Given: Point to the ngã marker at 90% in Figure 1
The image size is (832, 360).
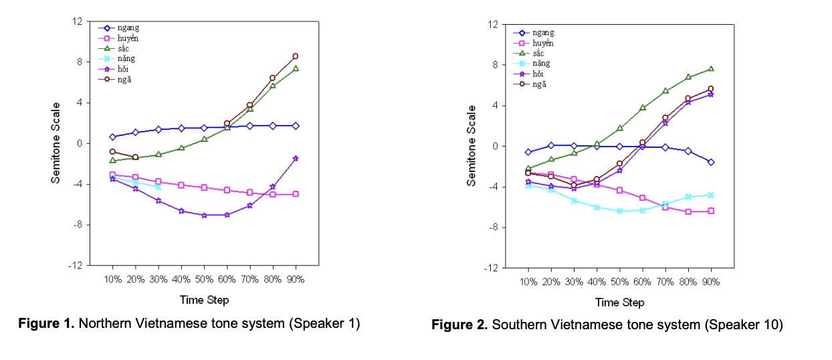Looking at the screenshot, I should coord(295,56).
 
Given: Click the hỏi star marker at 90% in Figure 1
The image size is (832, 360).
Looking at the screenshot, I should coord(295,159).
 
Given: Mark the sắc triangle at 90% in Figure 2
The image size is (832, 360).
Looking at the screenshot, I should coord(710,69).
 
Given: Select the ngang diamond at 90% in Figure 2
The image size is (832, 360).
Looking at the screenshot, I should coord(710,162).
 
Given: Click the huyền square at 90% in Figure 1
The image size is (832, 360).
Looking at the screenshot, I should coord(295,194).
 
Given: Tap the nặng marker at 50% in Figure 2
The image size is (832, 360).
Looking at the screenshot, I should coord(619,211).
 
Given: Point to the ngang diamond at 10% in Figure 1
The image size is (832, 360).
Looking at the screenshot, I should coord(112,137).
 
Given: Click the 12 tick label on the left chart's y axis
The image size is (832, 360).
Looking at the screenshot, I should coord(78,21).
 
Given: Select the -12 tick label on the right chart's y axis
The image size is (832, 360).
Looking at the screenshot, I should coord(492,268).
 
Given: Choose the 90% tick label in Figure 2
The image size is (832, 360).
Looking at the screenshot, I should coord(710,282).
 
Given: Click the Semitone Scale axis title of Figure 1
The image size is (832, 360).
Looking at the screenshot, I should coord(56,143).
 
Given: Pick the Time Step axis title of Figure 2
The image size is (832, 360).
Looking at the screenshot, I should coord(619,302).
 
